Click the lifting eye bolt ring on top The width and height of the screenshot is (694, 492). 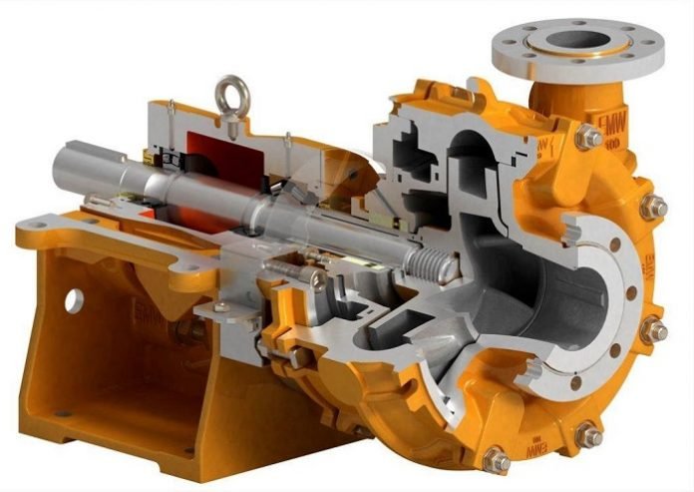pyautogui.click(x=229, y=90)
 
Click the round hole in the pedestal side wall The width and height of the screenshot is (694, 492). pyautogui.click(x=73, y=298)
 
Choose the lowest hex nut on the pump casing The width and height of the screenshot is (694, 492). pyautogui.click(x=496, y=462)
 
